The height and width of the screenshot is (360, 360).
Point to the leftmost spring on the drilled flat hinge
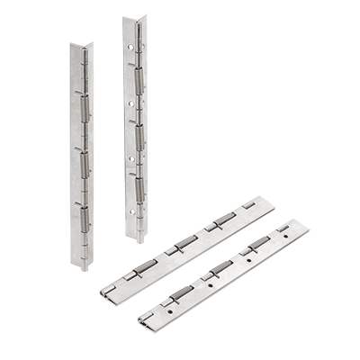click(x=180, y=292)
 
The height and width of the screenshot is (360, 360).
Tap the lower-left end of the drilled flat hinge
click(x=144, y=322)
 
